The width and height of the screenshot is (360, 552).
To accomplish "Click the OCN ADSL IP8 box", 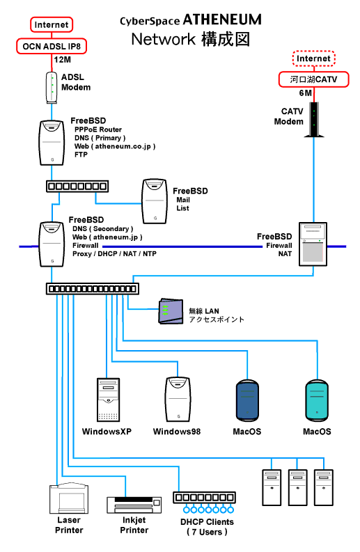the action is point(52,46).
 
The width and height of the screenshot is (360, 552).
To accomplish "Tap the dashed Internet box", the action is point(313,58).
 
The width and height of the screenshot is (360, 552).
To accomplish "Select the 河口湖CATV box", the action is point(313,79).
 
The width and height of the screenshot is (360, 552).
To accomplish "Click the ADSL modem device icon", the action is point(52,87).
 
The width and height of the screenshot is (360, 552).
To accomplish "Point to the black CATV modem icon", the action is point(314,119).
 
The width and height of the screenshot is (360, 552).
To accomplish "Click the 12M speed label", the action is point(63,59).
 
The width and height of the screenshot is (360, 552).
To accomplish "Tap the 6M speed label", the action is point(306,93).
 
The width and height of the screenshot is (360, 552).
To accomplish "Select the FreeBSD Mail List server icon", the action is point(155,201).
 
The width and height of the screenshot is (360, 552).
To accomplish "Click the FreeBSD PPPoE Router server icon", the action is point(52,143).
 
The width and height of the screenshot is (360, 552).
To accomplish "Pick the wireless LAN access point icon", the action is point(171,311).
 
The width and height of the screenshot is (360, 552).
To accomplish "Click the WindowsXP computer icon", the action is point(108,400).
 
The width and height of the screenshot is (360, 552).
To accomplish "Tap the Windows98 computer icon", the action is point(178,400).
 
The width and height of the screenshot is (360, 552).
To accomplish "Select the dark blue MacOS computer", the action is point(247,401).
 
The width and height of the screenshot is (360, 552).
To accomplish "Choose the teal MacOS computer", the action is point(317,401).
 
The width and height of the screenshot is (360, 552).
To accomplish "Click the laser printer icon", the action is point(69,498).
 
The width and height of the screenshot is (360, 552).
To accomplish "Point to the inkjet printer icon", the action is point(134,505).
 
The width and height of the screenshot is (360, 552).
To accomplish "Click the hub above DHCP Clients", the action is point(204,498).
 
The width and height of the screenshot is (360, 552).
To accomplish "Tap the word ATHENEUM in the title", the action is point(222,19).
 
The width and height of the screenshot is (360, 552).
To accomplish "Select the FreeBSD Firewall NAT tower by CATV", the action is point(313,244).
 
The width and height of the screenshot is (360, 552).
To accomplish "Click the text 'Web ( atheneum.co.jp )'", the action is point(115,146).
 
